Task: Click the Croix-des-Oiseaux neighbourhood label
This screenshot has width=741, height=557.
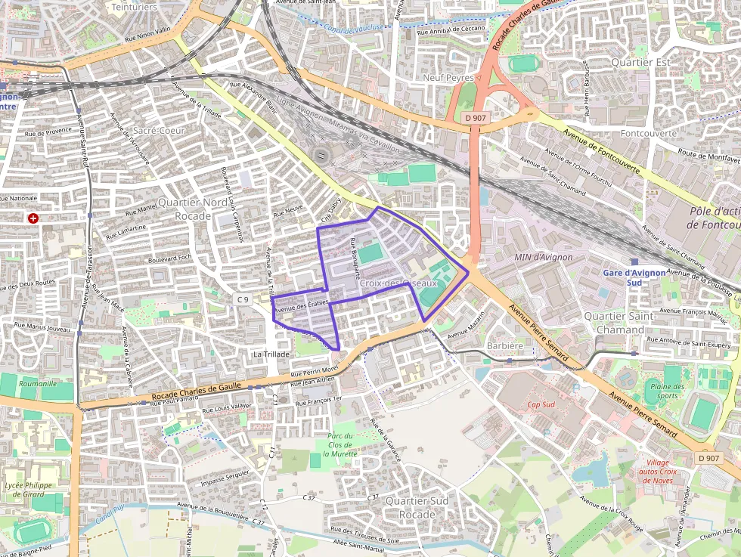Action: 398,283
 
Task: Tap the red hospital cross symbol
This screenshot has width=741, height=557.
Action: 33,218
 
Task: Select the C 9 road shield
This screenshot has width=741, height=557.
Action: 242,299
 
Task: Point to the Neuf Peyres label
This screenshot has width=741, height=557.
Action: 448,78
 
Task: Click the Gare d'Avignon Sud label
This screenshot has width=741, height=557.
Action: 634,277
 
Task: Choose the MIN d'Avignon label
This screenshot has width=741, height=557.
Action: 543,258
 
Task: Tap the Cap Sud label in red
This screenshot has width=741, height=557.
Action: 541,404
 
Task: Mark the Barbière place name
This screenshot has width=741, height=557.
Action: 504,346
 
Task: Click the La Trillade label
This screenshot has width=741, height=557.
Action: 271,354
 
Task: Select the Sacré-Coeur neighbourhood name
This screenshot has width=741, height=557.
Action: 159,131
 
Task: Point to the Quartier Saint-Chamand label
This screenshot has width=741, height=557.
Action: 620,323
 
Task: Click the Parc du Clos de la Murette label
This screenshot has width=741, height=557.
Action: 340,445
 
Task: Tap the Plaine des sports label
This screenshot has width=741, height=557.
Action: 667,391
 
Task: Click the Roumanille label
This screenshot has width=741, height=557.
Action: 38,383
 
